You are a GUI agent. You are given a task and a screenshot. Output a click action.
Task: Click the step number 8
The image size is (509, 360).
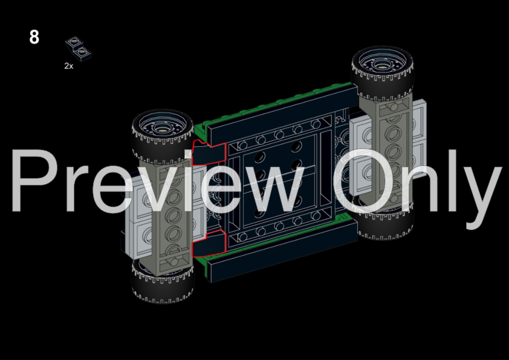click(34, 37)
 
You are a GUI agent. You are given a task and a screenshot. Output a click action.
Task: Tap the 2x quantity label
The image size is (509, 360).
click(69, 66)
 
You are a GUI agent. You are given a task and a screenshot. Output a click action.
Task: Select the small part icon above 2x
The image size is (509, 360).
click(78, 48)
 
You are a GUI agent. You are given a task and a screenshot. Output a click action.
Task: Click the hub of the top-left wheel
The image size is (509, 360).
click(161, 128)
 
